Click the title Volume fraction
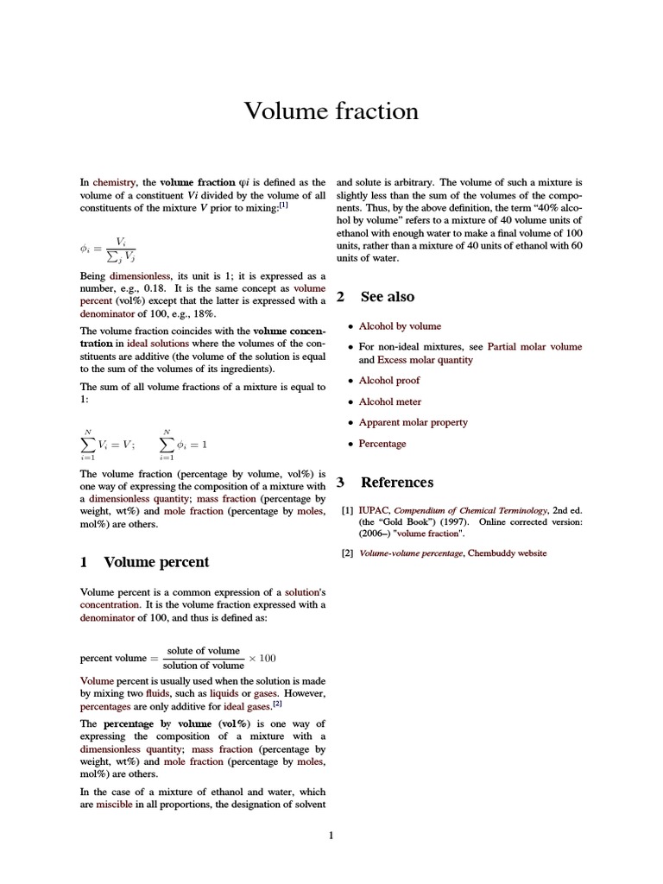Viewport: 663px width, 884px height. [x=331, y=111]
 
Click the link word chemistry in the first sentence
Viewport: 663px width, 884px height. [x=114, y=182]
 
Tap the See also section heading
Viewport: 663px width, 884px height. [x=387, y=297]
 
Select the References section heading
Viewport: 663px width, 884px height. [x=396, y=482]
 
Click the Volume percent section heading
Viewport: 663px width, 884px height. [x=155, y=562]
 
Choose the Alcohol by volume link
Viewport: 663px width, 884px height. [x=400, y=326]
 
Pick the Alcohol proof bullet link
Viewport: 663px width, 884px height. [x=390, y=381]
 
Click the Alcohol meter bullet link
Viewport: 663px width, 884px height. [x=390, y=401]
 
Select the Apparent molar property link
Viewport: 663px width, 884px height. [x=413, y=422]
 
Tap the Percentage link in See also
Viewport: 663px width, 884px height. [x=382, y=444]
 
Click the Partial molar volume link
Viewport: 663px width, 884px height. [x=534, y=346]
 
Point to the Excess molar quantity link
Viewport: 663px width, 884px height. [x=425, y=360]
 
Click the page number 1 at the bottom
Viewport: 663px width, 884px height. [x=331, y=835]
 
